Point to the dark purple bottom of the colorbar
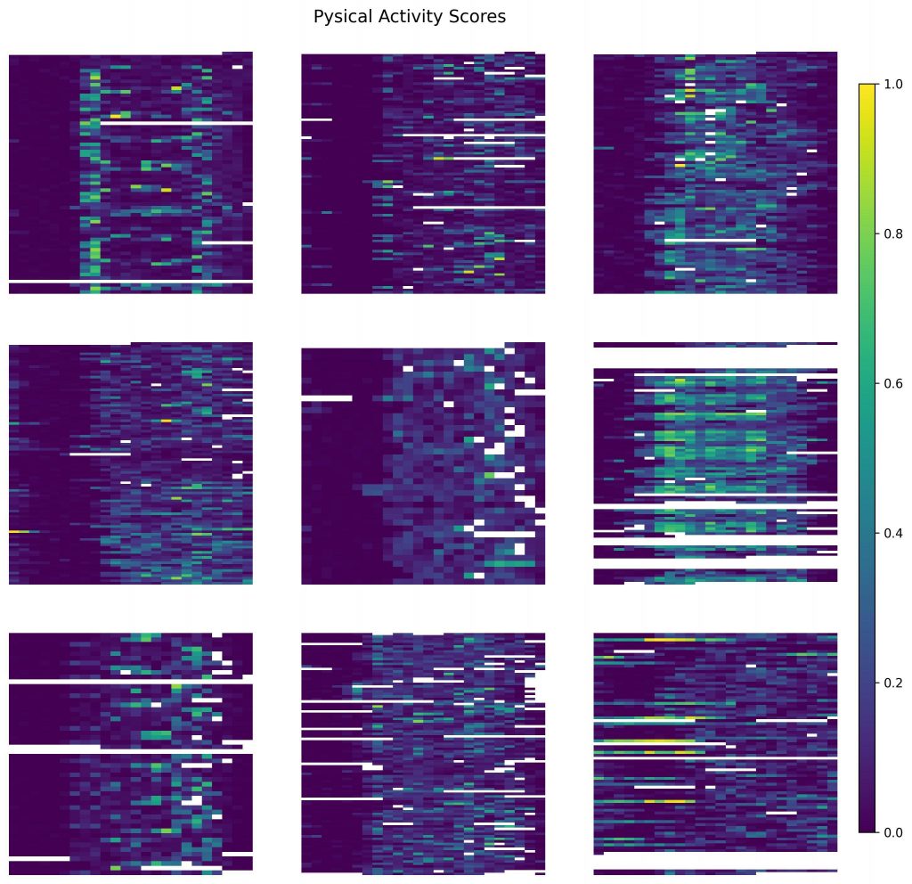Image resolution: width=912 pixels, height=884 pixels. tap(867, 827)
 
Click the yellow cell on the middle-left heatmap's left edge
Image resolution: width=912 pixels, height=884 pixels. tap(19, 531)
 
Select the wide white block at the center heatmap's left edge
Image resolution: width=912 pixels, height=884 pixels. tap(326, 398)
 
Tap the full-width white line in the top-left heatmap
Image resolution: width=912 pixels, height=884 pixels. tap(130, 282)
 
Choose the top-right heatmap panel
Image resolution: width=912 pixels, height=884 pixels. tap(715, 172)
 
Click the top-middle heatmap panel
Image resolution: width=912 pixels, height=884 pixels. tap(423, 172)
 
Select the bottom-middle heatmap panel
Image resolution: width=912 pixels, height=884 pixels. tap(423, 753)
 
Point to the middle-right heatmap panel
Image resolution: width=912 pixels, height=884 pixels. tap(715, 462)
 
